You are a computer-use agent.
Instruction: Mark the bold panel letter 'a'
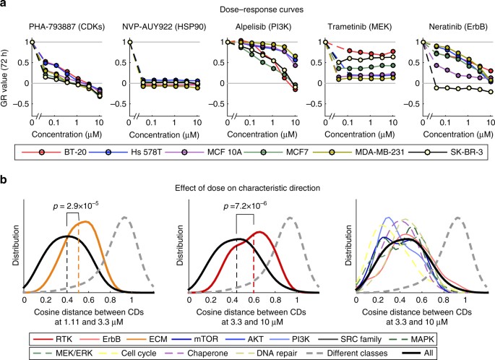pyautogui.click(x=4, y=5)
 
